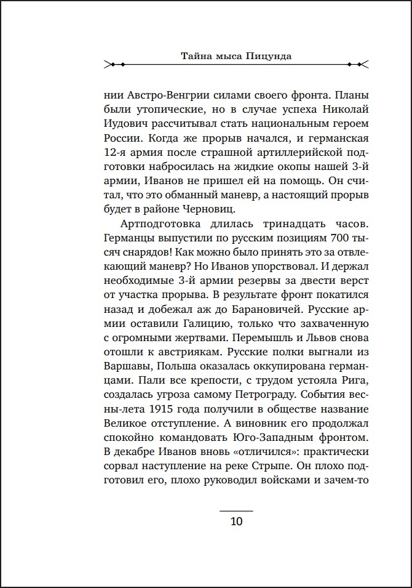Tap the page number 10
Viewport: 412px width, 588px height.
coord(236,522)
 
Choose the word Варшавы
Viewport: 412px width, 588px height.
coord(126,373)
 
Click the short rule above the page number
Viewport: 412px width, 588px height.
coord(236,510)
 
